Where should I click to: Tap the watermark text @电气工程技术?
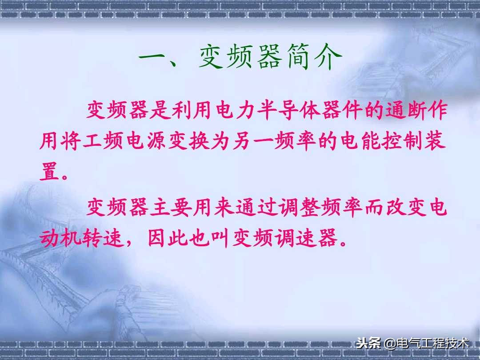click(x=427, y=344)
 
